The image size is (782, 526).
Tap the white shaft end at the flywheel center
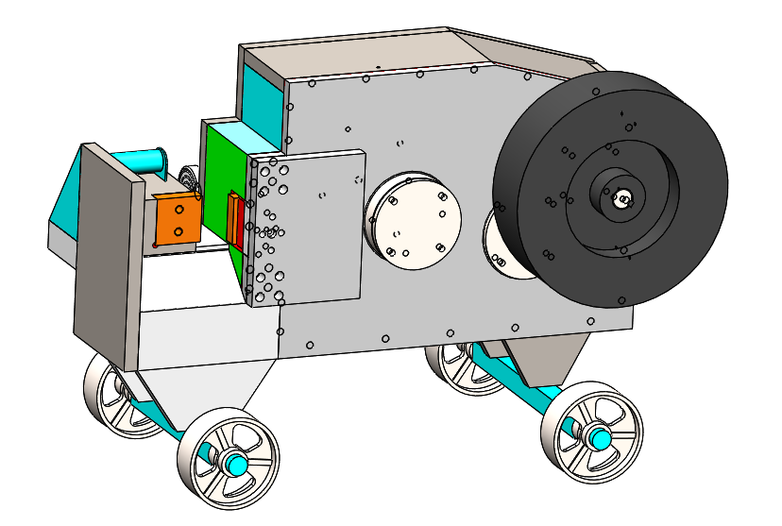click(x=622, y=198)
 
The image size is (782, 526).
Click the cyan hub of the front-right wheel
click(x=598, y=436)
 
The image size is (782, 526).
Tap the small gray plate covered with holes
click(x=307, y=227)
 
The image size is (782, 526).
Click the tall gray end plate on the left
click(x=107, y=255)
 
